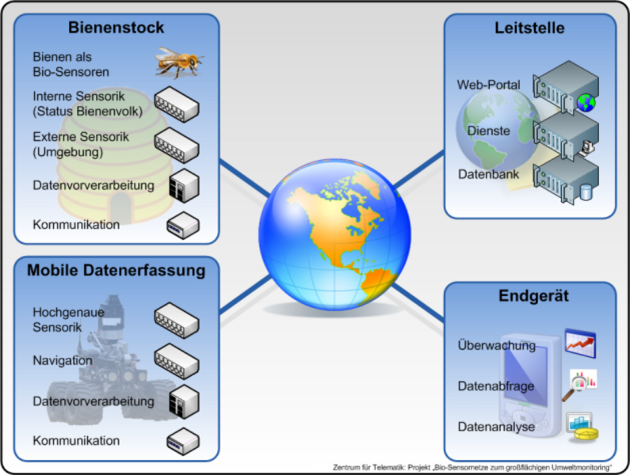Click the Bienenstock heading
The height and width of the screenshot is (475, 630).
point(116,28)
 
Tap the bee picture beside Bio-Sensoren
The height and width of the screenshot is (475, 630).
point(178,61)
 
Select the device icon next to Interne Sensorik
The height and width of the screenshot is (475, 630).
point(177,104)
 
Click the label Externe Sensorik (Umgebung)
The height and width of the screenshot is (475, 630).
point(81,144)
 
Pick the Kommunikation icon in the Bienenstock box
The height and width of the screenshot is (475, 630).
point(181,226)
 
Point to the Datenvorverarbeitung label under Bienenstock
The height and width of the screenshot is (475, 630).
point(94,186)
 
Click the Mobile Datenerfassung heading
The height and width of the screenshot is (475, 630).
point(116,271)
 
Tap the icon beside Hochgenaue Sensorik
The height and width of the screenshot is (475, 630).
point(177,320)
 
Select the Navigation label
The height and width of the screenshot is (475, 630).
point(63,360)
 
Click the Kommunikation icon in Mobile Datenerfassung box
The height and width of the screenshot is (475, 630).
point(181,439)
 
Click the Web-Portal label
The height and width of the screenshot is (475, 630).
point(488,85)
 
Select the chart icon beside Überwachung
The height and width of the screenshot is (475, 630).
point(579,343)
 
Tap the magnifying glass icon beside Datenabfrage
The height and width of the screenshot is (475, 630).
point(579,384)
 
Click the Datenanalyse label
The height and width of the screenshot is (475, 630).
point(496,427)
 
